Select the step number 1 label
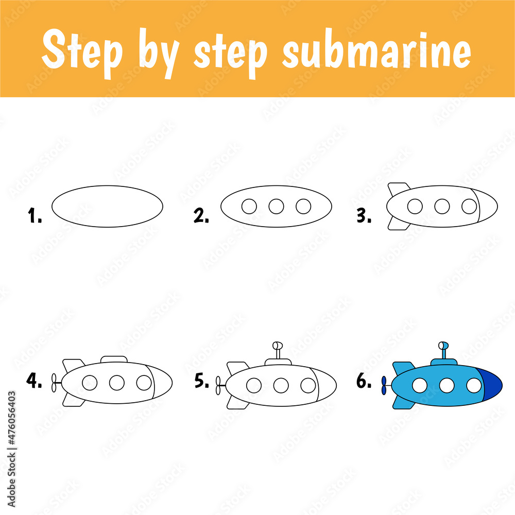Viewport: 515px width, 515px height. tap(35, 217)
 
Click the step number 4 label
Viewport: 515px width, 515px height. tap(35, 382)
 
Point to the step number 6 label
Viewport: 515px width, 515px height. tap(364, 382)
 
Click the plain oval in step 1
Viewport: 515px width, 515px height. tap(107, 206)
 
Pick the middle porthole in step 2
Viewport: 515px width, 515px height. tap(276, 207)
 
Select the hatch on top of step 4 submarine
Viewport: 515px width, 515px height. tap(114, 358)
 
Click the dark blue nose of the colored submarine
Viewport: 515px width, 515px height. tap(492, 385)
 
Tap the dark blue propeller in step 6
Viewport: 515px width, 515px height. tap(383, 385)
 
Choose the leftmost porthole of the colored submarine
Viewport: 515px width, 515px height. tap(420, 385)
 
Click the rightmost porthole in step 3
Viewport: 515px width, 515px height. tap(469, 207)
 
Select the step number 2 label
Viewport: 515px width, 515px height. tap(201, 217)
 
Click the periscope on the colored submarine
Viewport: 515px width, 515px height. tap(443, 351)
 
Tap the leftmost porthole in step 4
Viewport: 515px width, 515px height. tap(90, 383)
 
